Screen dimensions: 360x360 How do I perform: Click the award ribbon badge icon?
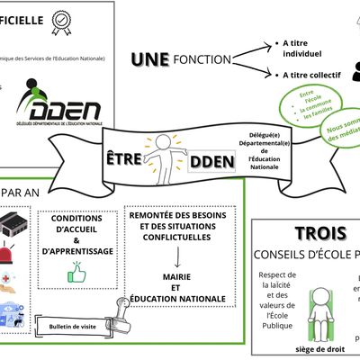pyautogui.click(x=61, y=22)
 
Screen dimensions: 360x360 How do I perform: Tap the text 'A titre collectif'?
pyautogui.click(x=311, y=76)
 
